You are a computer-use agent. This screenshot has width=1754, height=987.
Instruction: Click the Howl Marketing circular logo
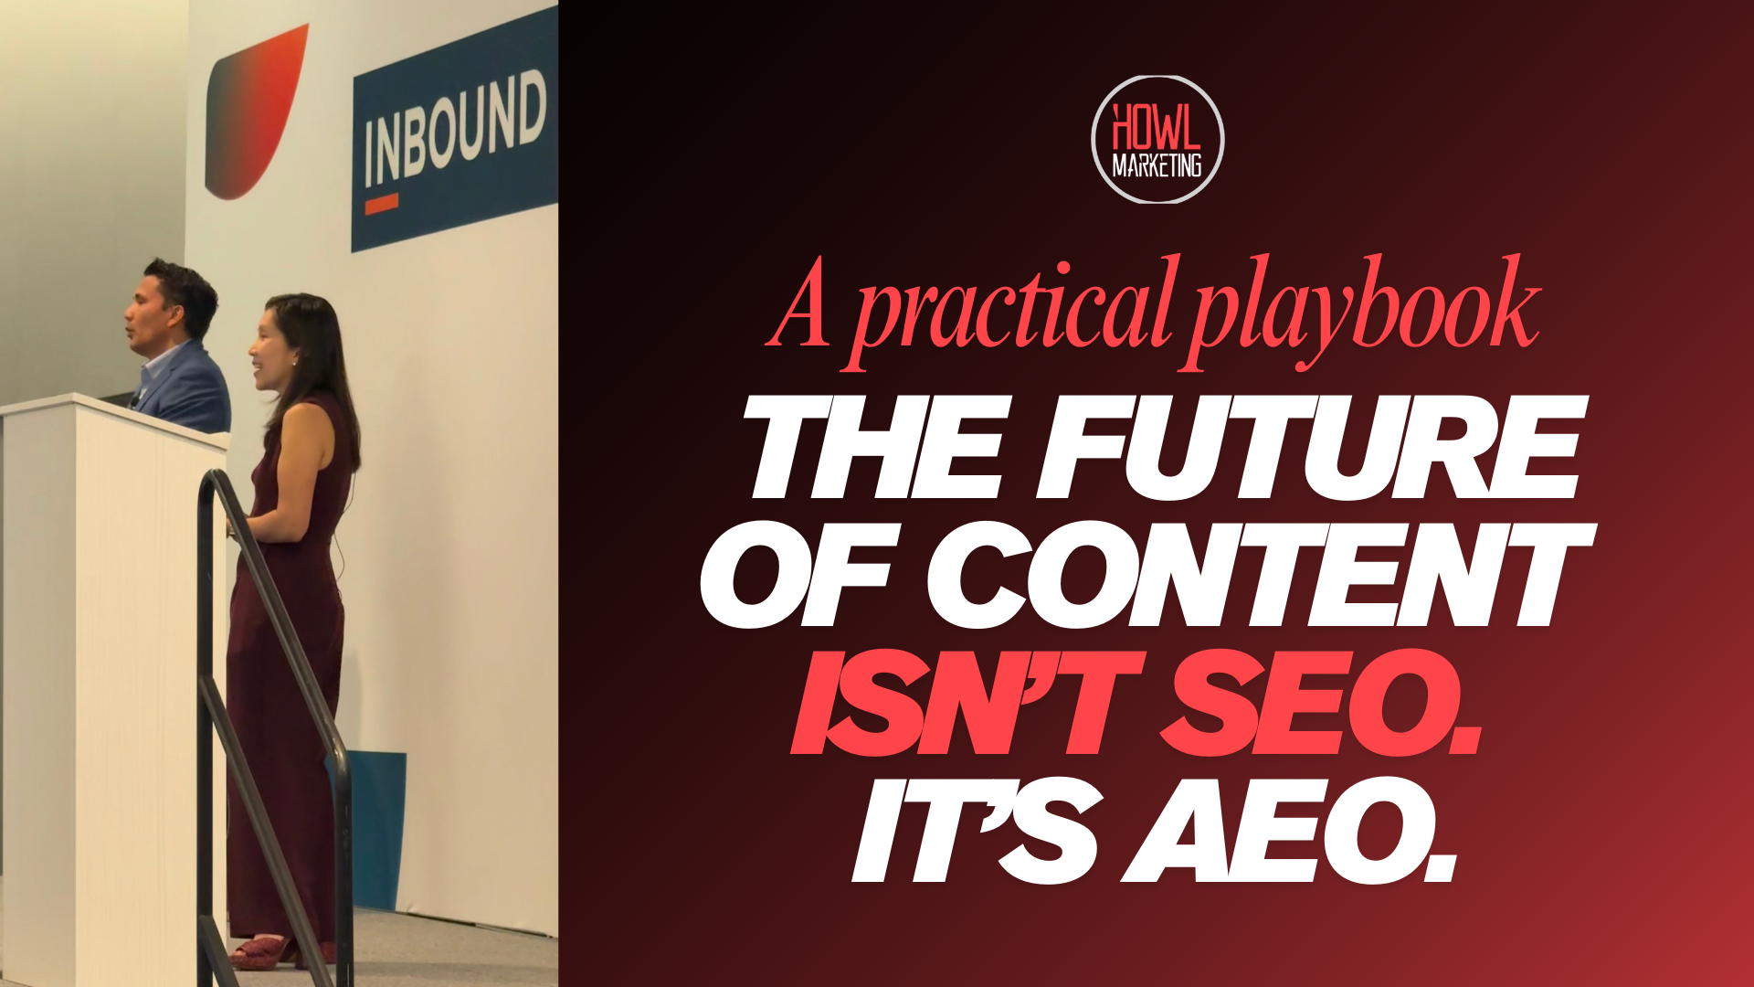click(1157, 140)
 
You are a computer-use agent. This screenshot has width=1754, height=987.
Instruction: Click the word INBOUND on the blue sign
click(455, 129)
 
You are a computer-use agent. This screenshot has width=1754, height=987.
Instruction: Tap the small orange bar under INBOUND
click(382, 204)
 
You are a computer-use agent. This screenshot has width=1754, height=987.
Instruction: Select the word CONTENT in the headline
click(1262, 575)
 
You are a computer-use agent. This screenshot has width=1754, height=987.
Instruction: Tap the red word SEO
click(1321, 703)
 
